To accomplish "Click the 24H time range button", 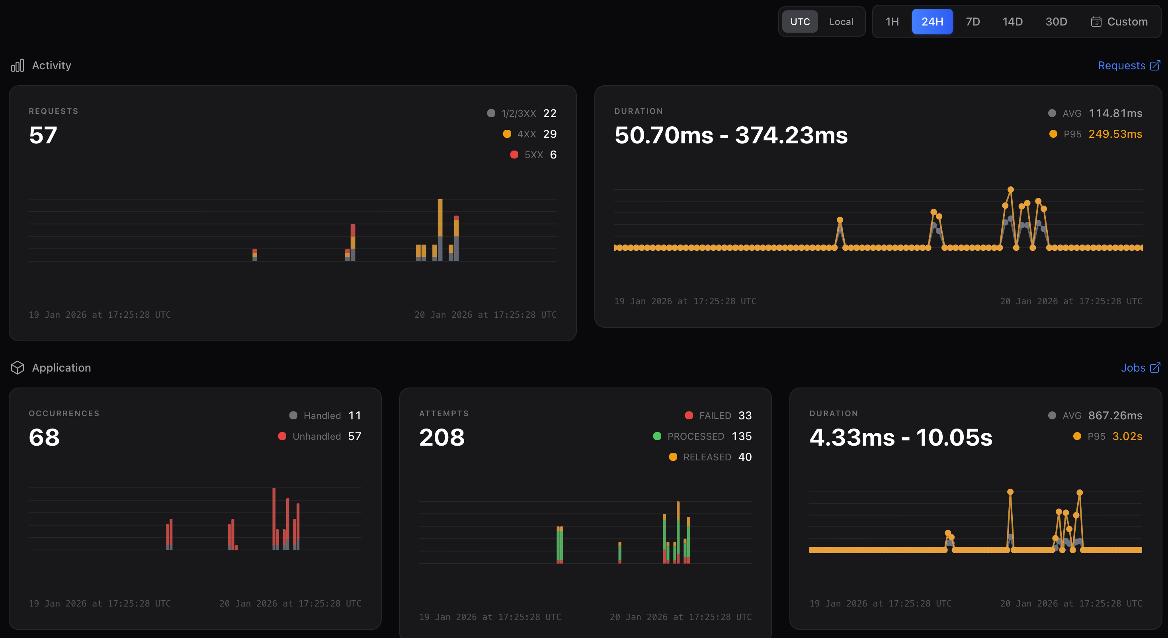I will [x=932, y=22].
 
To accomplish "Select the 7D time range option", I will [x=973, y=22].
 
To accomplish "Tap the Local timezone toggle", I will [x=841, y=22].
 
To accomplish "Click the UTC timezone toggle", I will [x=800, y=22].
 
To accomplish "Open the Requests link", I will [x=1128, y=66].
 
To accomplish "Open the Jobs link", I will [x=1139, y=368].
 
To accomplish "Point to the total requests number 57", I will [x=43, y=135].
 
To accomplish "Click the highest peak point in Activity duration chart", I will [x=1010, y=190].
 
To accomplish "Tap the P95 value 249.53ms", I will [x=1115, y=134].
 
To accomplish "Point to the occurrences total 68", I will [x=44, y=438].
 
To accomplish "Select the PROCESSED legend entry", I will [x=695, y=436].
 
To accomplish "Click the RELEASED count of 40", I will [x=744, y=457].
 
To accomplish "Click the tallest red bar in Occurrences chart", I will [x=274, y=517].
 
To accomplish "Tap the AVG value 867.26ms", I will [x=1115, y=416].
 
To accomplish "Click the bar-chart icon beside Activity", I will [x=17, y=66].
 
